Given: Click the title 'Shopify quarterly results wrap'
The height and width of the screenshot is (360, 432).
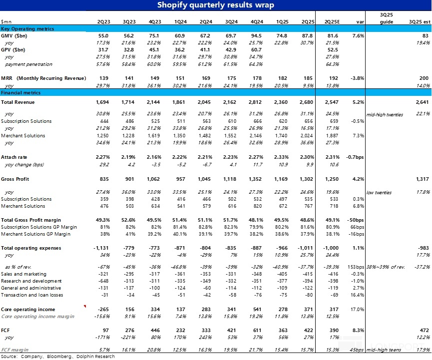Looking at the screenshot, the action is point(215,5).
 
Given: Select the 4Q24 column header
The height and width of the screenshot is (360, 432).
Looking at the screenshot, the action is point(257,22).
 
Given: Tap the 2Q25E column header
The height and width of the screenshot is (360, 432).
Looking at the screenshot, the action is point(332,22).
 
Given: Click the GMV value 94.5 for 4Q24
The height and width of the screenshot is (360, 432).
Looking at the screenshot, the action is point(257,36).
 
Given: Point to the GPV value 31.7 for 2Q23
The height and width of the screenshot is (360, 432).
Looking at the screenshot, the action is point(103,50).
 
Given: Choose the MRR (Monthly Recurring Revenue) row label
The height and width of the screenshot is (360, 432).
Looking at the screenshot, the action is point(43,78).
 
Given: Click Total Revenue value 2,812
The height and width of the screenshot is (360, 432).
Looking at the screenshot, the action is point(255,102).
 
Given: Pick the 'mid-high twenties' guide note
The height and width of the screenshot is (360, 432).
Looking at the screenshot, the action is point(385,114).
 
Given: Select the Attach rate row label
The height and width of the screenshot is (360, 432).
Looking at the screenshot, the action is point(14,157).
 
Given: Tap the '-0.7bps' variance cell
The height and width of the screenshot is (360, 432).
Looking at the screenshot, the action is point(355,157).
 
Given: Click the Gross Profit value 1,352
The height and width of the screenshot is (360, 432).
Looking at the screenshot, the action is point(255,179).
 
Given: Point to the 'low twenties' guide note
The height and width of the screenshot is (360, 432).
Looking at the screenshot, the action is point(379,193).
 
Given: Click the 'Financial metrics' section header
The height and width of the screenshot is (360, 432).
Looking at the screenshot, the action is point(20,93).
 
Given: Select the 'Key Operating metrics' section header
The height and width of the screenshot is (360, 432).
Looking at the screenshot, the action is point(27,28).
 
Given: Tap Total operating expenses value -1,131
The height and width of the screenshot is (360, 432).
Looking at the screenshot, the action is point(101,248).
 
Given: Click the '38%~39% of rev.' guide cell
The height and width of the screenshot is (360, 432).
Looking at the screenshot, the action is point(386,267).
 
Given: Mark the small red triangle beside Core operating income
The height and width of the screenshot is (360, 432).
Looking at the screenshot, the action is point(85,306).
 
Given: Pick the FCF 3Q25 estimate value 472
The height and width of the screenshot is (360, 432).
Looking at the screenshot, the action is point(425,330).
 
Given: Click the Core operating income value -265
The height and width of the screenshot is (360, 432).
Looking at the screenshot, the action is point(103,309).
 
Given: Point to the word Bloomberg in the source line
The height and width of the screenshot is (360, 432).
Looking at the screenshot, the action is point(59,357).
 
